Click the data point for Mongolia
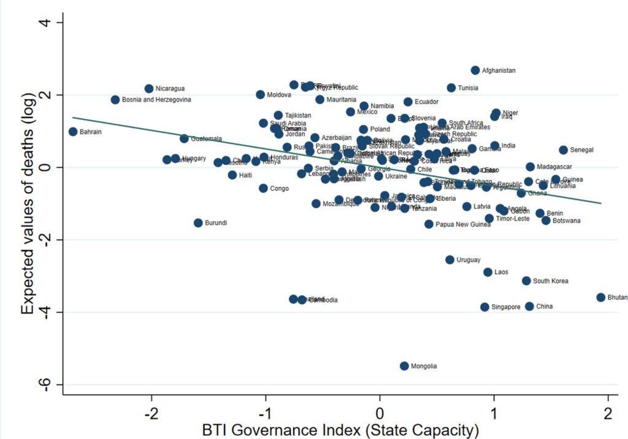(x=404, y=366)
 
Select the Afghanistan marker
(x=475, y=70)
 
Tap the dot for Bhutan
(x=600, y=297)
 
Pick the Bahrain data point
(x=73, y=132)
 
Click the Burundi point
(x=198, y=223)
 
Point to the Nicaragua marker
(x=149, y=89)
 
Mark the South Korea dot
(x=526, y=281)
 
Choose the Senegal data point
(x=563, y=150)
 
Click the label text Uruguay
(x=469, y=260)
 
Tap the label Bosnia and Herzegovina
(x=156, y=100)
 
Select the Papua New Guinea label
(x=463, y=225)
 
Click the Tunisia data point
(x=451, y=88)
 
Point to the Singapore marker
(x=484, y=307)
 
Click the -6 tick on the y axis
(x=48, y=385)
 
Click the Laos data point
(x=488, y=272)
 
